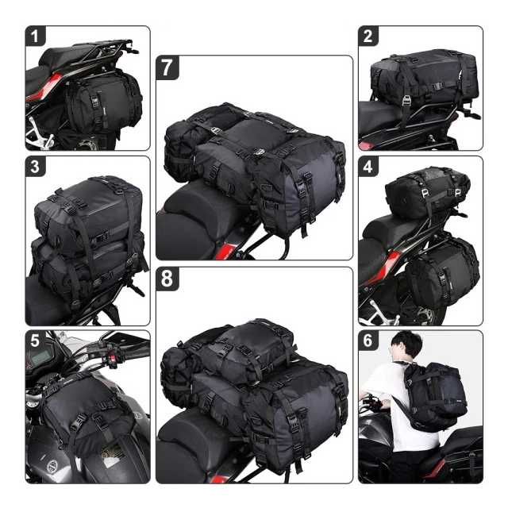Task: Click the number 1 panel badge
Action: pyautogui.click(x=35, y=36)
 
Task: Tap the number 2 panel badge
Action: pyautogui.click(x=368, y=36)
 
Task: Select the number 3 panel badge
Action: pyautogui.click(x=35, y=166)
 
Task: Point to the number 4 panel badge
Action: pyautogui.click(x=368, y=166)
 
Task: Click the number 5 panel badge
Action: pyautogui.click(x=35, y=341)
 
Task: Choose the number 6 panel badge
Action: pyautogui.click(x=368, y=341)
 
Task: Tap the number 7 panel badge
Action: pyautogui.click(x=167, y=67)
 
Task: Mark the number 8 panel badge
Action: pyautogui.click(x=167, y=279)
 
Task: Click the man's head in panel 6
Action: pyautogui.click(x=406, y=346)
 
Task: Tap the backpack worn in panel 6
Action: pyautogui.click(x=435, y=396)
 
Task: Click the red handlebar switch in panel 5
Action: pyautogui.click(x=113, y=359)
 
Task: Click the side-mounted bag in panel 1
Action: pyautogui.click(x=104, y=102)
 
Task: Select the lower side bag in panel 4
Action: pyautogui.click(x=443, y=272)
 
